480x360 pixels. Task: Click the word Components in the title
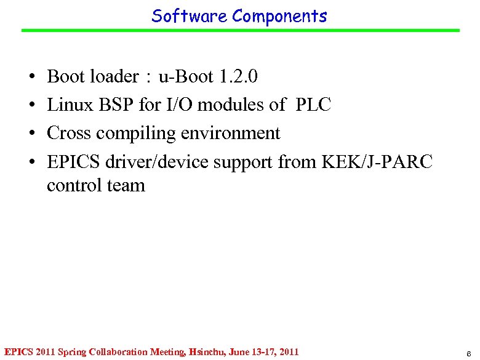click(x=279, y=16)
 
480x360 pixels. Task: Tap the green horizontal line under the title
click(x=240, y=30)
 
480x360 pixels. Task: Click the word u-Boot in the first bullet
click(x=185, y=77)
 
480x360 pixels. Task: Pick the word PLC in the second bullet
click(x=313, y=105)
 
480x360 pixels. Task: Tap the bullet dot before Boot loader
click(x=31, y=78)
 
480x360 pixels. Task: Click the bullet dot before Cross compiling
click(x=31, y=134)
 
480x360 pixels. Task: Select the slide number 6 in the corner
click(x=469, y=353)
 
